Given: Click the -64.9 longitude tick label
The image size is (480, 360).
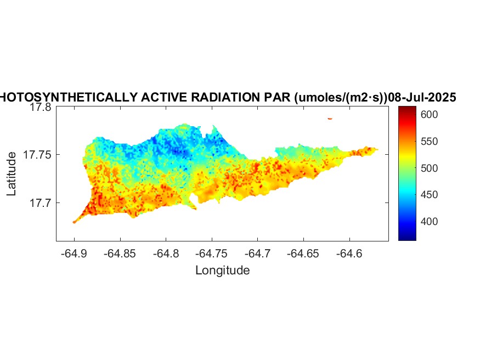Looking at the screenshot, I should tap(74, 254).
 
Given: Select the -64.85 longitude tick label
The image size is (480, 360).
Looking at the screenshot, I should tap(120, 254).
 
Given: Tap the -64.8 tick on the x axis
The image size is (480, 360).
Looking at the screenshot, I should tap(166, 254).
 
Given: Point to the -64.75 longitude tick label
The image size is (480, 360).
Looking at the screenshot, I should tap(212, 254).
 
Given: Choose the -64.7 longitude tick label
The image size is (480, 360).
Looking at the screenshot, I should tap(258, 254).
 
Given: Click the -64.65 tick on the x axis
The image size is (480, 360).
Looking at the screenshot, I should tap(304, 254).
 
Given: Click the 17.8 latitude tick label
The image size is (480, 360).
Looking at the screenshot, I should tap(41, 108).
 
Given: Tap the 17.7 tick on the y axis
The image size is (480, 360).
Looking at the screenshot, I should tap(41, 203).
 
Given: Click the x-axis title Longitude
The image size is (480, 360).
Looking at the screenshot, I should tap(223, 270).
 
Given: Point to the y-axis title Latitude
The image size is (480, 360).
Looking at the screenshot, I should tap(12, 175).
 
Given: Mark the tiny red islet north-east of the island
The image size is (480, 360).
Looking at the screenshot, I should tap(330, 118).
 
